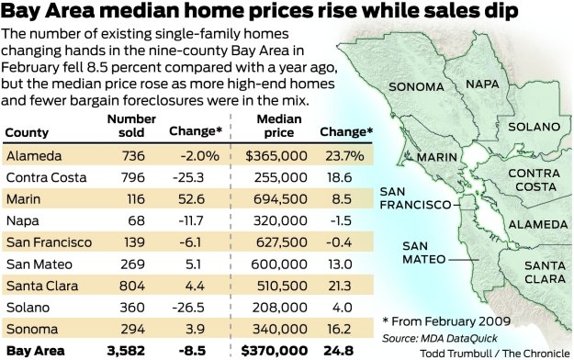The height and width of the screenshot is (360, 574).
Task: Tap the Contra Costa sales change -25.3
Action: [x=193, y=177]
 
